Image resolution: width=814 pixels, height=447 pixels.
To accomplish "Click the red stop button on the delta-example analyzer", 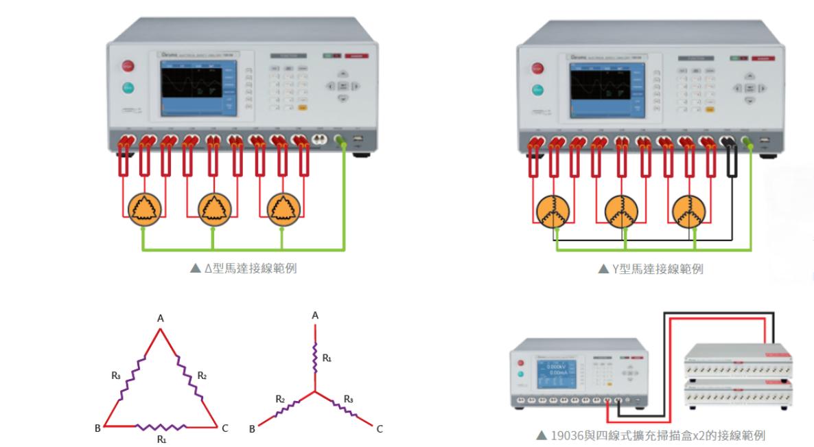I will point(128,67).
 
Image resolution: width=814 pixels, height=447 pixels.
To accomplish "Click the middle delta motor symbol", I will point(213,206).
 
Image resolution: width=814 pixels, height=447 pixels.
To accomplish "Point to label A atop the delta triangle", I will point(160,319).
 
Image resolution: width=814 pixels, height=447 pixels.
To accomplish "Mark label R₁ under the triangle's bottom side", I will point(161,439).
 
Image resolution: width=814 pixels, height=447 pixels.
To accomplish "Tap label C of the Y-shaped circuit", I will point(380,428).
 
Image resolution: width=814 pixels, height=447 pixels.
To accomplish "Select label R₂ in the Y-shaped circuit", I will point(280,399).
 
